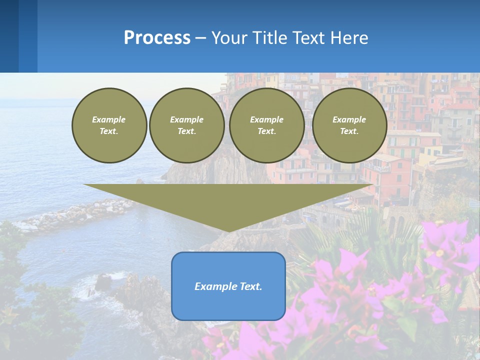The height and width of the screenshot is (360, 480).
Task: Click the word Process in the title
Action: coord(157,38)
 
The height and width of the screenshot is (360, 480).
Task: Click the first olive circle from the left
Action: coord(109,125)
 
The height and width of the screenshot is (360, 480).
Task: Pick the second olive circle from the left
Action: coord(187,125)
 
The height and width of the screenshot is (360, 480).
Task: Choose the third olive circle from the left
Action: coord(267,125)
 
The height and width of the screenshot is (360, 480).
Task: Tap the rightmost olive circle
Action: coord(349,125)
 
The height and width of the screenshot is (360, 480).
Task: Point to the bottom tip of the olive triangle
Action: coord(229,231)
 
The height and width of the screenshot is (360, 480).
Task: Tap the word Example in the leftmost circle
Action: coord(109,119)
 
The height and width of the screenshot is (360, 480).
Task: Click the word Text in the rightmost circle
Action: coord(349,131)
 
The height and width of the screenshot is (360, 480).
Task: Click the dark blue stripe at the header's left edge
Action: coord(9,36)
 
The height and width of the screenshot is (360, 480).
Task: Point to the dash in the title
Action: coord(200,38)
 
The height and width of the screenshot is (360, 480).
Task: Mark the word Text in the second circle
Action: coord(186,131)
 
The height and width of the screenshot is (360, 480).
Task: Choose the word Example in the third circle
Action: coord(266,119)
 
